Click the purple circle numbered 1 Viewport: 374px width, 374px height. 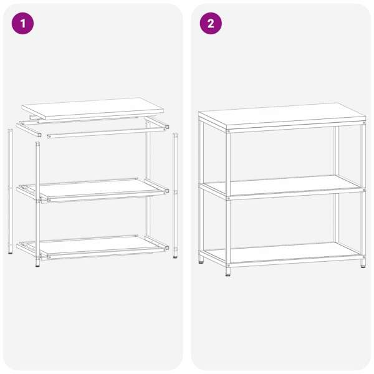22,24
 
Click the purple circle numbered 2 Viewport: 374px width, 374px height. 211,24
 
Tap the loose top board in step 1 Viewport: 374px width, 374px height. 92,108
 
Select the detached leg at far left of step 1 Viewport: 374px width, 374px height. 10,191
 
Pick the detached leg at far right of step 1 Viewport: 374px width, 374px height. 175,196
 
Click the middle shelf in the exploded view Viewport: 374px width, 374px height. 93,189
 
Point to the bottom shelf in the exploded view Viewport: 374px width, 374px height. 93,247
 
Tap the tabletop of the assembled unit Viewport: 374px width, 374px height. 282,117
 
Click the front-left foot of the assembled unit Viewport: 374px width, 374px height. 228,272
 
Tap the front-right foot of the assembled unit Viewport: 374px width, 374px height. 363,264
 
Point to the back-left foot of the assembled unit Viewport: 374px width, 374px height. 201,259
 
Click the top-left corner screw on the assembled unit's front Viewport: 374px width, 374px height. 228,132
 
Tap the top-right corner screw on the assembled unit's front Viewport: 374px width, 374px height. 364,123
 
